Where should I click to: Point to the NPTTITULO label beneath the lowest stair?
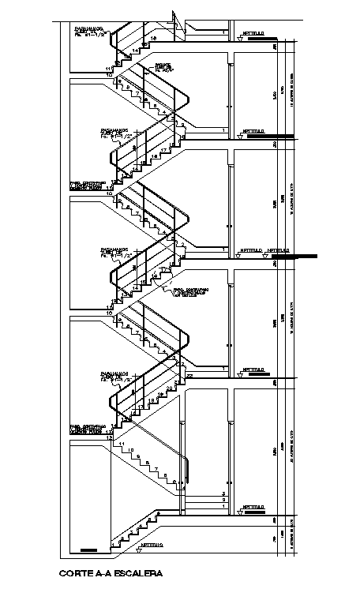pyautogui.click(x=152, y=546)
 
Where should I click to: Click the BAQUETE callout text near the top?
pyautogui.click(x=163, y=66)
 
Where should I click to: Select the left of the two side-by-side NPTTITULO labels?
pyautogui.click(x=252, y=251)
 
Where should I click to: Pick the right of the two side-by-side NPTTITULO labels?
pyautogui.click(x=279, y=251)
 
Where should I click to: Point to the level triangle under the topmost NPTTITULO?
pyautogui.click(x=240, y=38)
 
